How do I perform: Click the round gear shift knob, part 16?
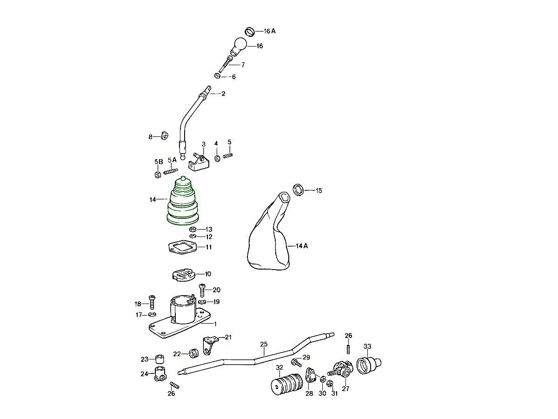(x=240, y=45)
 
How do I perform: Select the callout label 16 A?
(x=270, y=31)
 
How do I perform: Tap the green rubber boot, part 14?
(x=183, y=203)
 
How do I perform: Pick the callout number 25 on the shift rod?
(x=264, y=345)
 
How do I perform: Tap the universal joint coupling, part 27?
(x=343, y=371)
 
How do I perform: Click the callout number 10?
(x=207, y=274)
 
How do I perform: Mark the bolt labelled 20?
(x=203, y=290)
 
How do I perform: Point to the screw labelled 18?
(x=152, y=301)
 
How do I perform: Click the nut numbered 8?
(x=164, y=136)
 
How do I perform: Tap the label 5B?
(x=158, y=162)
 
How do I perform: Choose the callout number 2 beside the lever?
(x=223, y=94)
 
